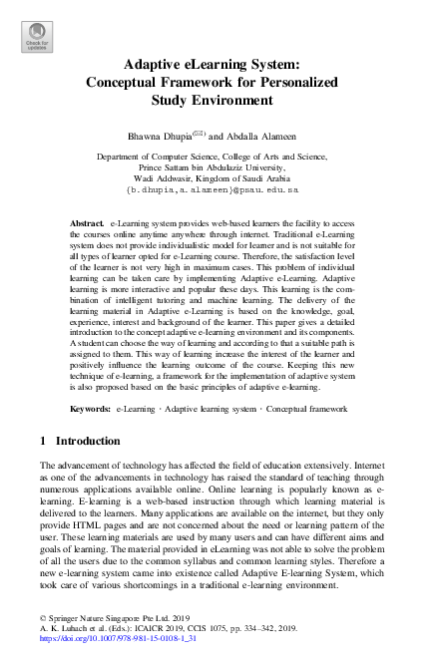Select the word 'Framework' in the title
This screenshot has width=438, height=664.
coord(234,82)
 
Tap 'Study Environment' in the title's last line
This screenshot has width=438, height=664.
coord(218,100)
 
